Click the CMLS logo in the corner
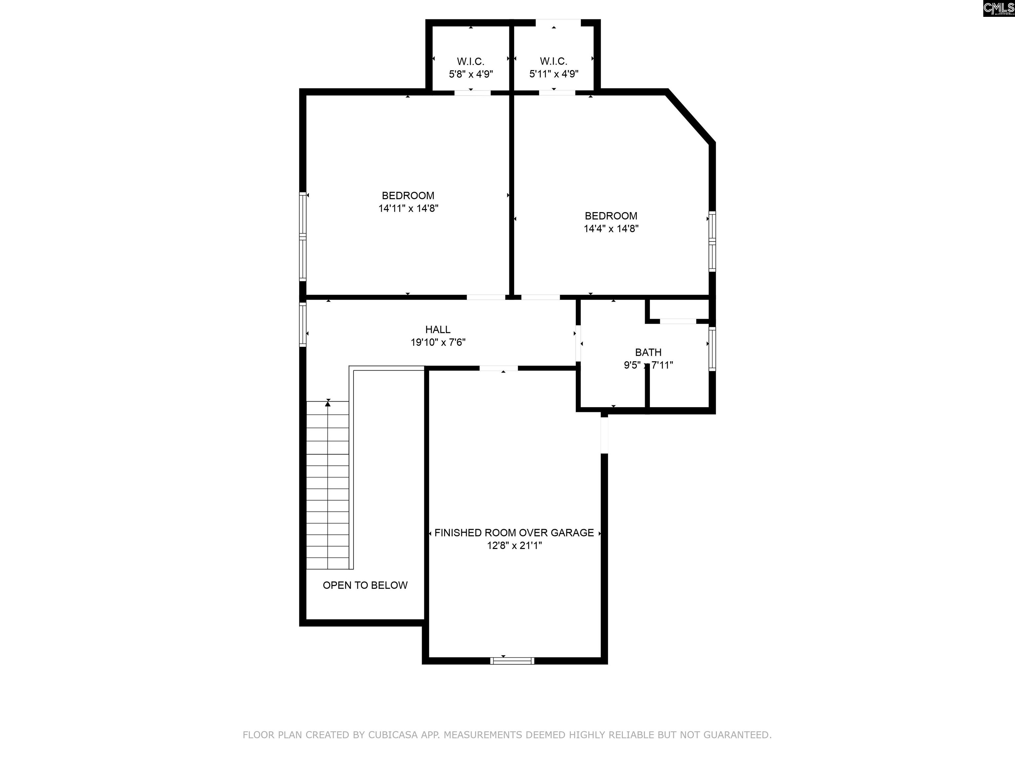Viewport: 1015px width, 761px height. click(x=998, y=8)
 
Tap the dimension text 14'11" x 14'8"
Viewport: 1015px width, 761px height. click(x=408, y=209)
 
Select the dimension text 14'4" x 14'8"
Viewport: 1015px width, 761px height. click(x=611, y=229)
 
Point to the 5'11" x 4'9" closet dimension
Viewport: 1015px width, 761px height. click(x=554, y=74)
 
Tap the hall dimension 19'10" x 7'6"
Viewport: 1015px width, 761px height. click(x=438, y=343)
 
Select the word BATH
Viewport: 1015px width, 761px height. click(x=648, y=353)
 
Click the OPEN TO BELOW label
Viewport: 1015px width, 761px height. click(x=365, y=585)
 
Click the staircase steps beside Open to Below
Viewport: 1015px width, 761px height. click(x=328, y=485)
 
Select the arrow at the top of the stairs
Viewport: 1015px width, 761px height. click(x=328, y=403)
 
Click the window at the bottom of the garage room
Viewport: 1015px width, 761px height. click(x=512, y=661)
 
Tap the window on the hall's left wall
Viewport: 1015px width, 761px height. click(x=303, y=324)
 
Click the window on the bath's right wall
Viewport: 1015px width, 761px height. click(x=712, y=348)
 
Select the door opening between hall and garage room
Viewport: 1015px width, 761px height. click(x=499, y=368)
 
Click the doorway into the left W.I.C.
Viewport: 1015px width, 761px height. click(x=472, y=93)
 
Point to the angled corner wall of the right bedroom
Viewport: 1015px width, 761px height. click(x=690, y=117)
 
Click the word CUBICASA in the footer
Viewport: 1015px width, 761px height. click(x=393, y=735)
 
